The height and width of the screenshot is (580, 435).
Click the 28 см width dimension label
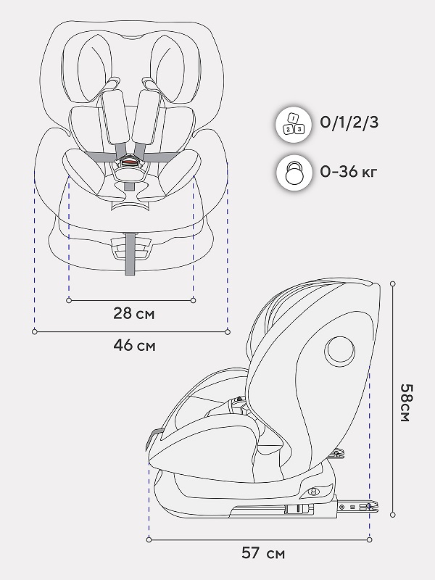coord(134,313)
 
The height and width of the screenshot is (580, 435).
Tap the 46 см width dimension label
coord(134,346)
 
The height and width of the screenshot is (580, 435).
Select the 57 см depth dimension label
coord(263,553)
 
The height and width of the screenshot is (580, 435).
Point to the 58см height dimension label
coord(406,403)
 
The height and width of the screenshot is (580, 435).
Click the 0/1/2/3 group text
coord(349,122)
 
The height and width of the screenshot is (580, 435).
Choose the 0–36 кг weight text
coord(348,171)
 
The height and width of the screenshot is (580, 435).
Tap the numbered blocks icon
coord(294,124)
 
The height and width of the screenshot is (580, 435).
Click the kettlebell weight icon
coord(294,173)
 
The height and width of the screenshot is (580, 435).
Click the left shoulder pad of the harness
coord(115,117)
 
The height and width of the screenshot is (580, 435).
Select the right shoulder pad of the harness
coord(147,117)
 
